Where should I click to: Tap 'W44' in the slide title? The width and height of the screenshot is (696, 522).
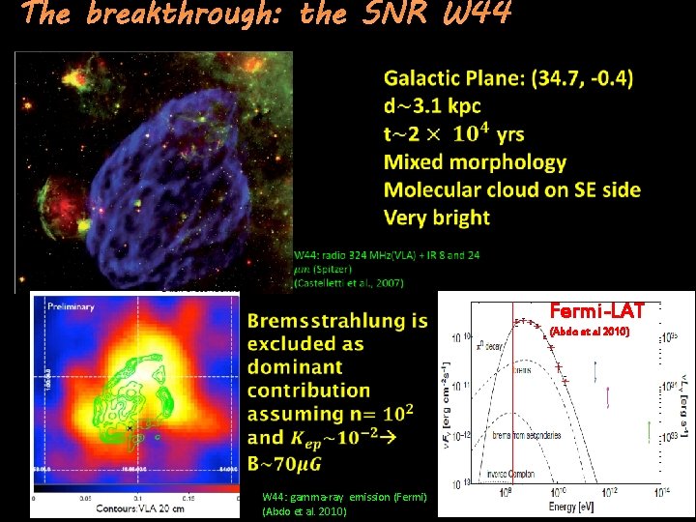473,14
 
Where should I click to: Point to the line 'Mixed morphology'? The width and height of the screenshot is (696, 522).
475,161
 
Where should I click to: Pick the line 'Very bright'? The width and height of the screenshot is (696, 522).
436,217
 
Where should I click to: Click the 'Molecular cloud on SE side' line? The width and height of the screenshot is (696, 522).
511,189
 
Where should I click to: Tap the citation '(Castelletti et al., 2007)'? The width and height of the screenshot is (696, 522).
349,282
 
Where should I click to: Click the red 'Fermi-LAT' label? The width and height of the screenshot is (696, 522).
590,310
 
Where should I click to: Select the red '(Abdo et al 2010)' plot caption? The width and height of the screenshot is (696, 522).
589,332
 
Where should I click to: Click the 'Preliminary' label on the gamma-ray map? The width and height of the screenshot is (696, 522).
68,306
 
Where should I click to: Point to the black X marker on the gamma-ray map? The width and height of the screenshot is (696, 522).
129,426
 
